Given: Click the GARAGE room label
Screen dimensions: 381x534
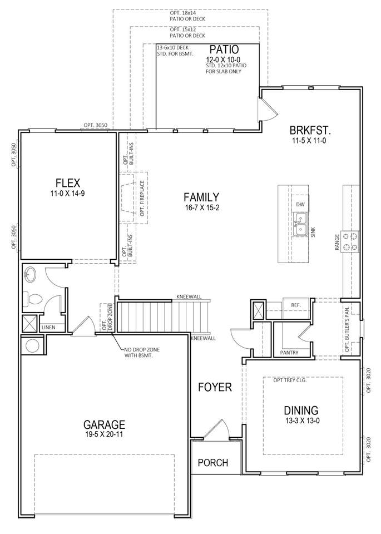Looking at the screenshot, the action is (x=104, y=424).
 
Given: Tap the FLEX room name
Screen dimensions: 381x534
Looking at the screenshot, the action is (x=68, y=183).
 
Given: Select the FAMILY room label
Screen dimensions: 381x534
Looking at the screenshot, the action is (x=201, y=197).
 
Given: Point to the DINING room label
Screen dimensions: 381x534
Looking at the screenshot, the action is (x=301, y=411).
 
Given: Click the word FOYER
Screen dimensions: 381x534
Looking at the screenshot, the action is (x=215, y=387).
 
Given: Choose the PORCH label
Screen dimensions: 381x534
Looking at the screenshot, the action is (x=213, y=463).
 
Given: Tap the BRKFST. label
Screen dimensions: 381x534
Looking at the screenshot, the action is (x=310, y=130).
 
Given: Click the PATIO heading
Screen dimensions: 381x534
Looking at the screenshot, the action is (x=224, y=50).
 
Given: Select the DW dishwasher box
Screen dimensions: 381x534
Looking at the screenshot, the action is (x=300, y=204).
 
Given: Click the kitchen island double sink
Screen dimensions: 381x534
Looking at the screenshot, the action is (x=300, y=224).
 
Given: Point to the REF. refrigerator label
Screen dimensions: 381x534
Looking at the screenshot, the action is (x=296, y=305).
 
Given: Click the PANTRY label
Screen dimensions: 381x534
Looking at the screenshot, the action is (x=289, y=353).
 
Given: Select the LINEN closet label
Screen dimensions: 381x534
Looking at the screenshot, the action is (x=48, y=328).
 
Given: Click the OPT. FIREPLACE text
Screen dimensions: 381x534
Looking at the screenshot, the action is (x=142, y=198).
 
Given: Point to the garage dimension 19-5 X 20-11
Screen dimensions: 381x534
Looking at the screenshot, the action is (x=104, y=434).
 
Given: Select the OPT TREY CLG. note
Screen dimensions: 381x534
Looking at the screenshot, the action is (x=290, y=380).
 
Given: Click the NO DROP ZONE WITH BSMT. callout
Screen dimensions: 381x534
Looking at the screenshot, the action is (x=142, y=353).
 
